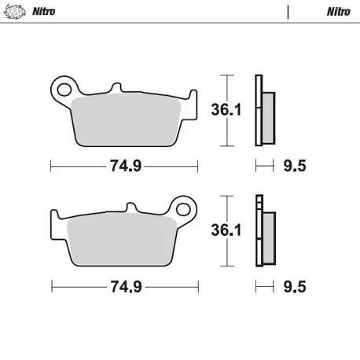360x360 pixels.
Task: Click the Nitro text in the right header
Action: (x=337, y=12)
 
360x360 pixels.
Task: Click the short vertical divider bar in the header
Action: (x=288, y=12)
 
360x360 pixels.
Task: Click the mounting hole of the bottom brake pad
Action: (x=185, y=210)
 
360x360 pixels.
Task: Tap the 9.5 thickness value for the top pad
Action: (x=293, y=166)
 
